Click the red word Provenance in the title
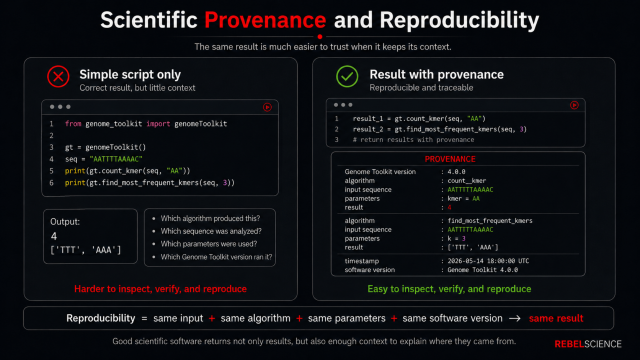click(265, 20)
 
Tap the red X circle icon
click(58, 76)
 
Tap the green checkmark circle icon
click(347, 76)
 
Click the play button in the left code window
click(267, 107)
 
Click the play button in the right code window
click(574, 105)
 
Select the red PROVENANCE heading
click(450, 159)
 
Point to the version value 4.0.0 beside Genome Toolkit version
click(456, 171)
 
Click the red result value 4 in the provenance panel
click(449, 207)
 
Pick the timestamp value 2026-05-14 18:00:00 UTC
click(488, 261)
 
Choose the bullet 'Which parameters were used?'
click(209, 243)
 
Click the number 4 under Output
click(54, 236)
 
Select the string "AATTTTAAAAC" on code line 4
click(116, 159)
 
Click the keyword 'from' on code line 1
click(73, 123)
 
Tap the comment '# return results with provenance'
click(413, 139)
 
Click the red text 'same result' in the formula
click(556, 318)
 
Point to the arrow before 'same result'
click(515, 318)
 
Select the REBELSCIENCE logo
click(588, 344)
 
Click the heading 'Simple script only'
click(130, 74)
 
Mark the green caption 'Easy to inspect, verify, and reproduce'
click(449, 289)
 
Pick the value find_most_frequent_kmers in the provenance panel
click(490, 220)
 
